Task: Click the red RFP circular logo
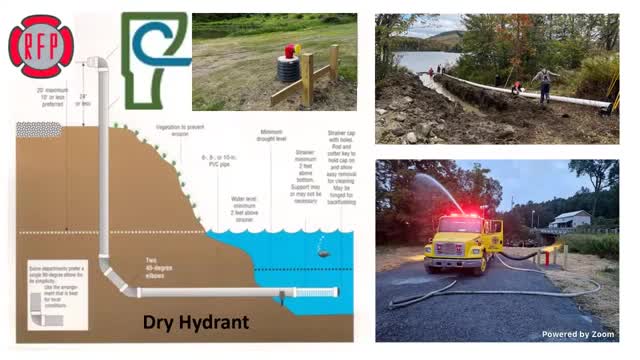pos(41,46)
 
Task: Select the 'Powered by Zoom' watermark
pos(578,334)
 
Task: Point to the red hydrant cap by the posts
pos(290,50)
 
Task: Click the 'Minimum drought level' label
pos(271,136)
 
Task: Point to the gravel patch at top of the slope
pos(39,129)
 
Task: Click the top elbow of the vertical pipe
pos(98,63)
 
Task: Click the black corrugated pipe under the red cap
pos(288,70)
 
